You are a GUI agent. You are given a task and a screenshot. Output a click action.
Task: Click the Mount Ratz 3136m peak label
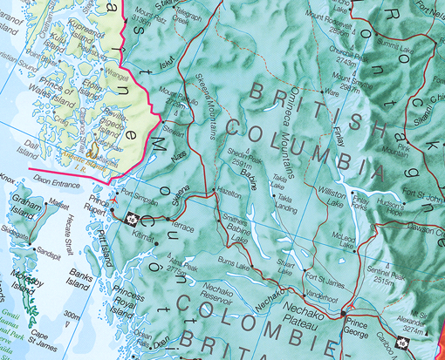tap(150, 18)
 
